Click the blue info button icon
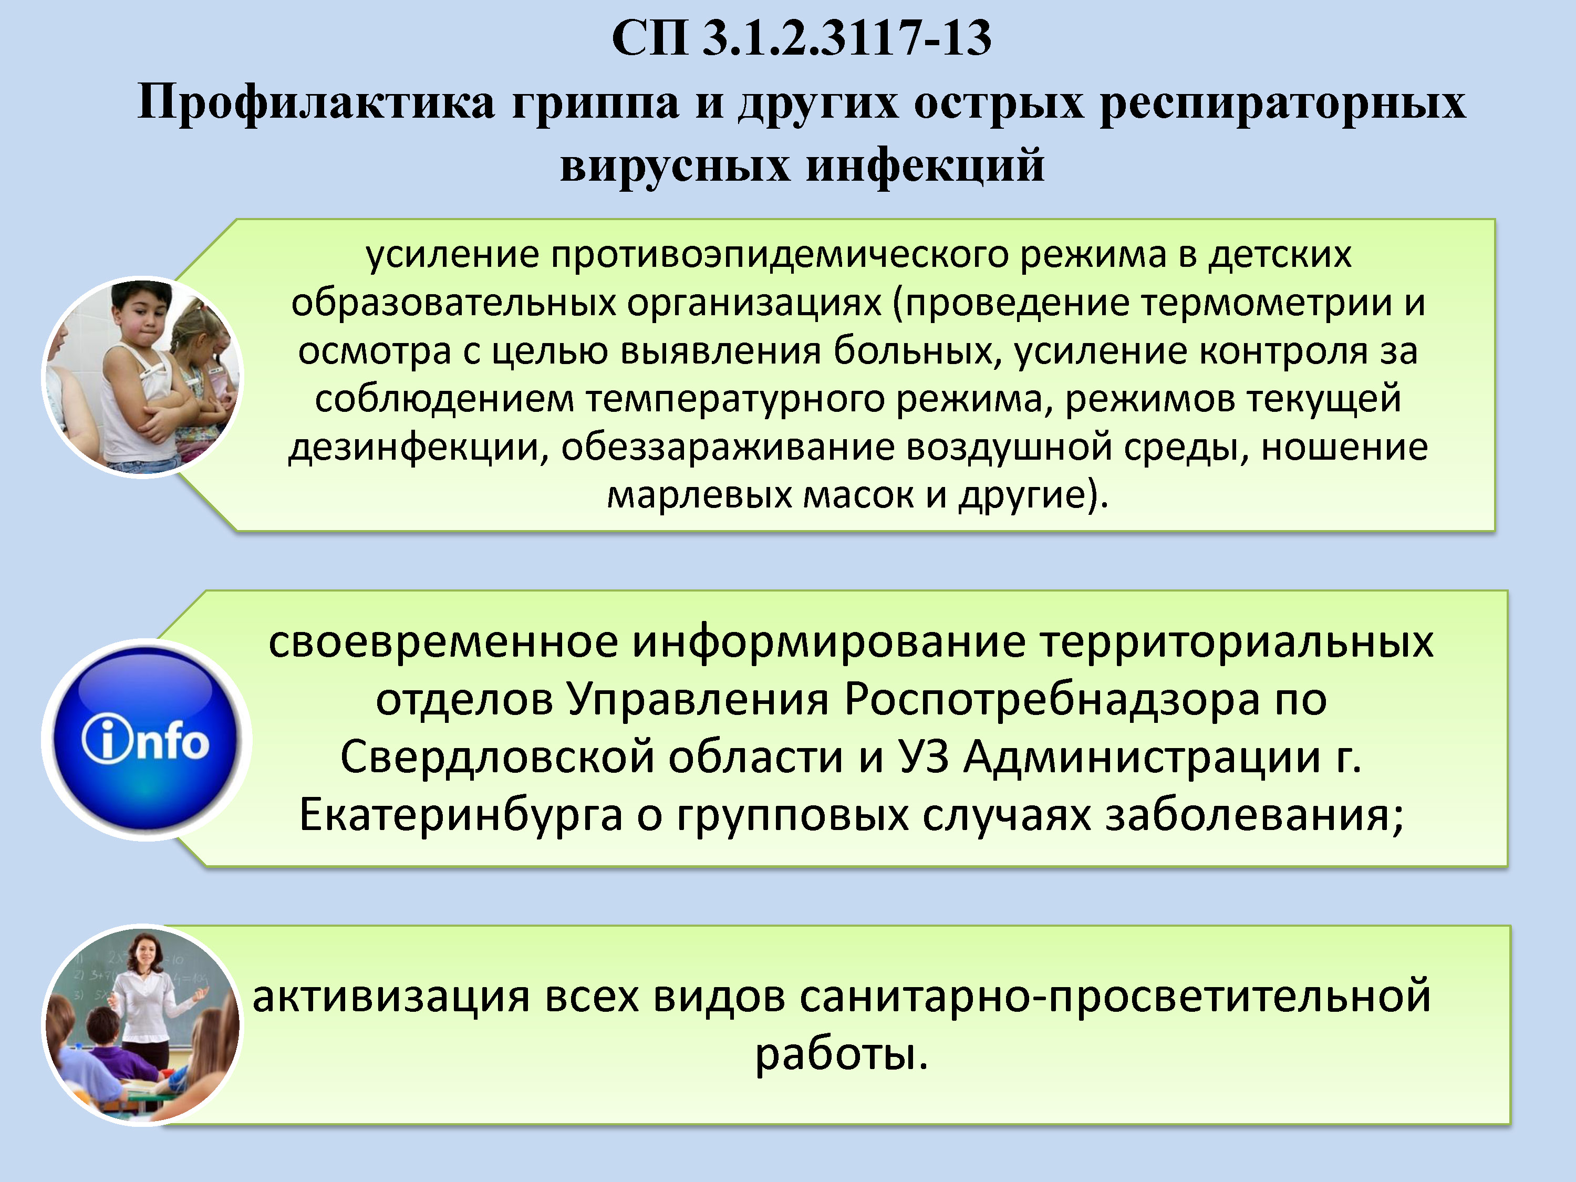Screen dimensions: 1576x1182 [146, 740]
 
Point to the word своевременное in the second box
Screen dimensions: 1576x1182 [443, 642]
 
